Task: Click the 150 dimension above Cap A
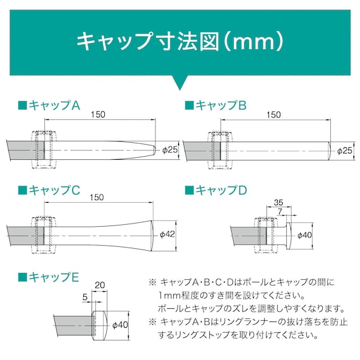pyautogui.click(x=98, y=114)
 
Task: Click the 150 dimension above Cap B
pyautogui.click(x=273, y=115)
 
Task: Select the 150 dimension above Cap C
pyautogui.click(x=97, y=198)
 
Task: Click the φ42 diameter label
pyautogui.click(x=167, y=234)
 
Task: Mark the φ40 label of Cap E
pyautogui.click(x=119, y=325)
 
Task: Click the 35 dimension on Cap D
pyautogui.click(x=279, y=203)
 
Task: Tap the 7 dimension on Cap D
pyautogui.click(x=280, y=212)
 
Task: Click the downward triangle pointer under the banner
pyautogui.click(x=179, y=83)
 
